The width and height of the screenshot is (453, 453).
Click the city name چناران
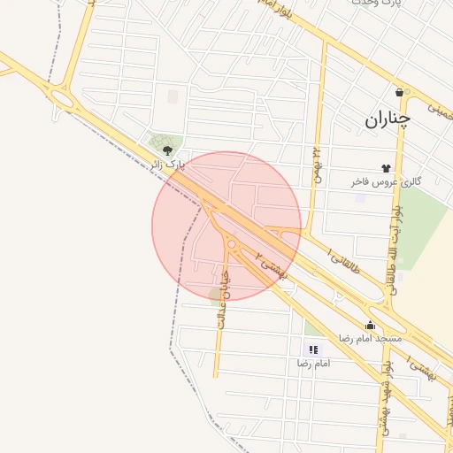pos(387,119)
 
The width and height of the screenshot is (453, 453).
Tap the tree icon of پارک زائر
pos(168,150)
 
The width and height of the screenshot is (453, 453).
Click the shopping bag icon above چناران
pos(401,91)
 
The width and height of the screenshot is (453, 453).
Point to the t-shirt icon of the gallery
pos(386,167)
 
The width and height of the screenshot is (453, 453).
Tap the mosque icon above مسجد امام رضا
pos(370,325)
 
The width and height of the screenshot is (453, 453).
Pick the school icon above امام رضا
pos(313,349)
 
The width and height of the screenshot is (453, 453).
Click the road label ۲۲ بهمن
pos(317,162)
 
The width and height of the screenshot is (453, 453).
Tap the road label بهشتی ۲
pos(272,265)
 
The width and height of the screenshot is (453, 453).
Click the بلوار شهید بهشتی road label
pos(386,389)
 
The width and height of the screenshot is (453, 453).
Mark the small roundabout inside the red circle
pos(232,244)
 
